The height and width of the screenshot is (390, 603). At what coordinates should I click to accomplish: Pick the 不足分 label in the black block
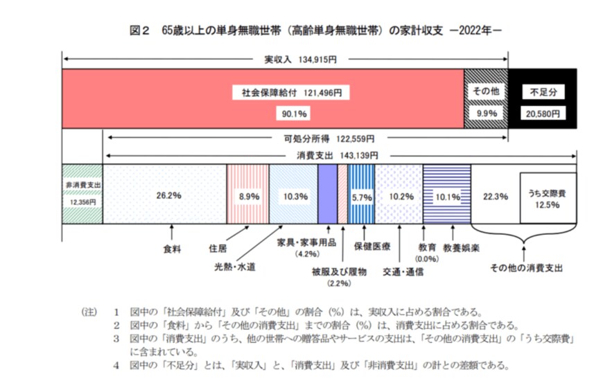[543, 91]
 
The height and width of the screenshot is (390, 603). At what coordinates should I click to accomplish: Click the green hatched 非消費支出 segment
[82, 194]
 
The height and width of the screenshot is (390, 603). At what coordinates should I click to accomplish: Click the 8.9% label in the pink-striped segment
[248, 196]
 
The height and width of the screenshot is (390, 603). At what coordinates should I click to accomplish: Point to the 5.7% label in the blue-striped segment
[362, 197]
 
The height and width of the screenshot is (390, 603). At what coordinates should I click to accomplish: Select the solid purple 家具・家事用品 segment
[327, 194]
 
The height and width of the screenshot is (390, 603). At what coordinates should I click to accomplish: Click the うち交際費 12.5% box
[548, 197]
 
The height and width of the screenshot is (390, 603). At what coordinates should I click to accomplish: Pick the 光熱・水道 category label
[235, 266]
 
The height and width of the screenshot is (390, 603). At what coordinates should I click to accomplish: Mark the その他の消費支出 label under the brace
[525, 267]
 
